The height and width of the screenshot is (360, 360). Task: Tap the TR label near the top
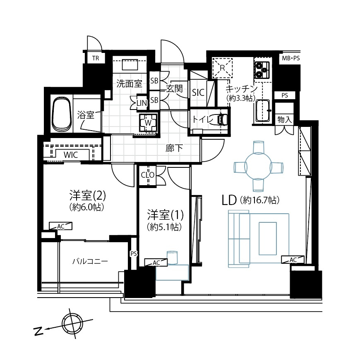(x=96, y=58)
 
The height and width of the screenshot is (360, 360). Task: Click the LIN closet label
(x=142, y=104)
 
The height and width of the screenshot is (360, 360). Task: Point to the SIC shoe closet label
(x=198, y=92)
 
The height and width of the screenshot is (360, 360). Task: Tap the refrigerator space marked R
(x=223, y=67)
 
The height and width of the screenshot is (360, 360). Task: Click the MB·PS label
(x=290, y=58)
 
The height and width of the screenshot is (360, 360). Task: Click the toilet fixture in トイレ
(x=220, y=119)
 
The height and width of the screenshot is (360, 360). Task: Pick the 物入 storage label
(x=285, y=119)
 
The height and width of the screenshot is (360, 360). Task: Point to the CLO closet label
(x=148, y=175)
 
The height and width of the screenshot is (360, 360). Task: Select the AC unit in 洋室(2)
(x=61, y=226)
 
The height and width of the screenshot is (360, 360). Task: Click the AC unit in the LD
(x=293, y=260)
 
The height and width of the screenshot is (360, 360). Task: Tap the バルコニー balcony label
(x=90, y=261)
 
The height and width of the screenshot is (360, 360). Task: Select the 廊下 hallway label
(x=172, y=148)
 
